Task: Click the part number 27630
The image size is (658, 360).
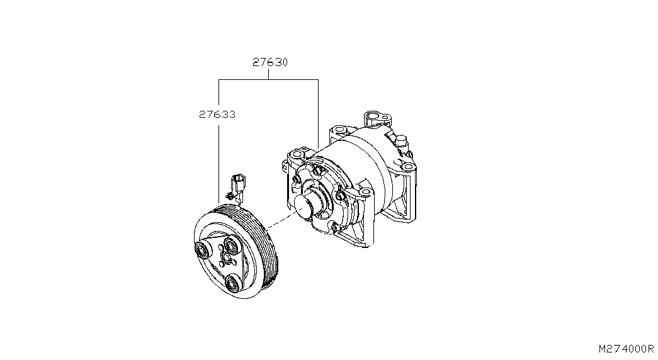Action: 270,62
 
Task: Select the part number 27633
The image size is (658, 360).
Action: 217,114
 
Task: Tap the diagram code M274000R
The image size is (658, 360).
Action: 626,349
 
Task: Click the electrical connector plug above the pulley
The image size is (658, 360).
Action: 237,183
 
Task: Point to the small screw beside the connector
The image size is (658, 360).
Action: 229,196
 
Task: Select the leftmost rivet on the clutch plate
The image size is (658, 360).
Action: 201,250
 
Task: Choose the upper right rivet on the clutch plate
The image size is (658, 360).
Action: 231,245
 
